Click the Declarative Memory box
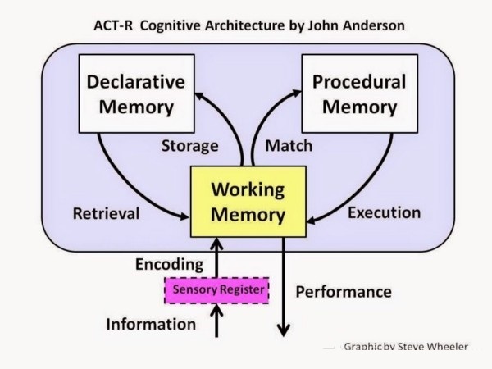coord(136,93)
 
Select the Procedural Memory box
coord(360,93)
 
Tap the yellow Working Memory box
coord(248,202)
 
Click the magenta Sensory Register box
coord(216,290)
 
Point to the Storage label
coord(190,146)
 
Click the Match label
coord(289,146)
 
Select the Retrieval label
coord(106,214)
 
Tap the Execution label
coord(384,212)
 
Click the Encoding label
coord(170,265)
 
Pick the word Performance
coord(344,292)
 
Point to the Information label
coord(151,324)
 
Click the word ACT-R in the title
coord(113,25)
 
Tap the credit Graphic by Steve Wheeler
coord(406,347)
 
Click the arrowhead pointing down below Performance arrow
coord(284,330)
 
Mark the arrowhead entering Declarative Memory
coord(201,96)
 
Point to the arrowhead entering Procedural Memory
coord(295,93)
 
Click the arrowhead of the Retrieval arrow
coord(184,216)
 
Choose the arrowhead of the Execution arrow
coord(312,219)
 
